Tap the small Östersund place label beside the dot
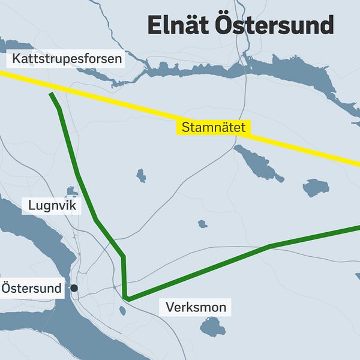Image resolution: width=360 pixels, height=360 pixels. click(x=31, y=289)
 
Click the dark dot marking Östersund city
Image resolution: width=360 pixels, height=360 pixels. click(x=74, y=288)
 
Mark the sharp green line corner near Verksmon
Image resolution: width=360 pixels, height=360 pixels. click(x=125, y=298)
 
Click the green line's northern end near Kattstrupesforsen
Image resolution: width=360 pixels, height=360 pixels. click(x=51, y=94)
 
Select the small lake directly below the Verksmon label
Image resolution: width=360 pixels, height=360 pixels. click(x=212, y=328)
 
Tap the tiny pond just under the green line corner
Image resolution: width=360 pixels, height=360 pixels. click(x=122, y=310)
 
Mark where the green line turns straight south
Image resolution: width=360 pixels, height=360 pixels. click(x=124, y=257)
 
